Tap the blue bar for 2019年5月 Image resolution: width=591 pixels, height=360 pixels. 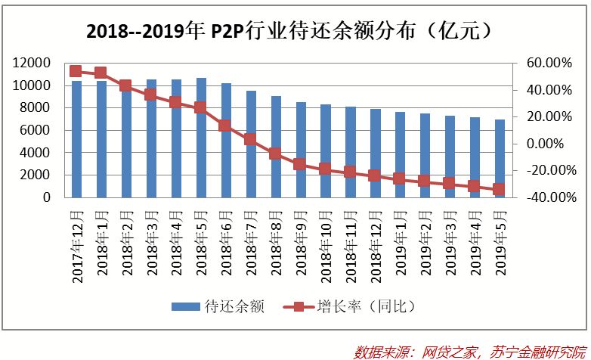pyautogui.click(x=500, y=158)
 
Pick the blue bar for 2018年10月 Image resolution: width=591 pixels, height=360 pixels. pyautogui.click(x=325, y=151)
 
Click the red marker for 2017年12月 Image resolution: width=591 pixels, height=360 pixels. pyautogui.click(x=76, y=71)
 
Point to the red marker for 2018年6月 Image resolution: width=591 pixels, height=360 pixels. pyautogui.click(x=225, y=126)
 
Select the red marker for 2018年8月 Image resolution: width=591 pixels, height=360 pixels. pyautogui.click(x=275, y=154)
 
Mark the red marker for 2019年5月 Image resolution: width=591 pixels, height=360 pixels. pyautogui.click(x=500, y=189)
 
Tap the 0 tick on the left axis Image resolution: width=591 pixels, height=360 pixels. pyautogui.click(x=47, y=197)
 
